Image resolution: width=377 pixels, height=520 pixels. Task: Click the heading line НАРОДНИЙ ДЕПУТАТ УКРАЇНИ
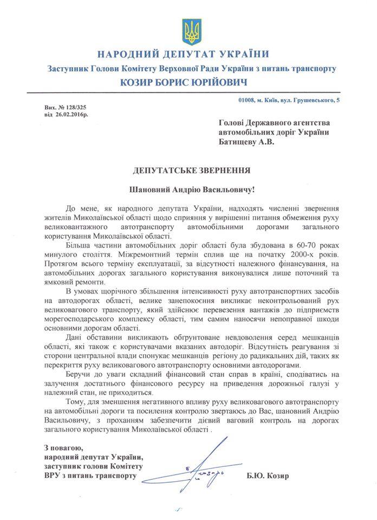point(191,55)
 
